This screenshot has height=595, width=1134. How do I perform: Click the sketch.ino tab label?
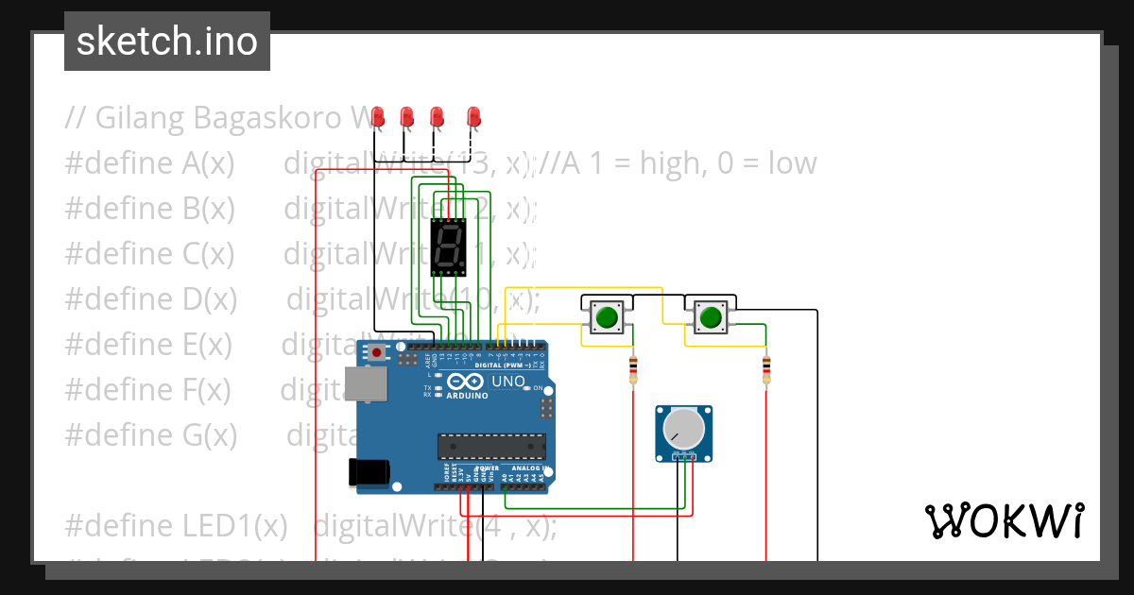click(166, 42)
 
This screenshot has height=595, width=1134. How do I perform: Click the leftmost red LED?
click(378, 117)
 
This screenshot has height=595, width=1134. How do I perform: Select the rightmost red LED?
click(473, 117)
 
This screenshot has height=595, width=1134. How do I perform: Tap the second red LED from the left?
click(407, 117)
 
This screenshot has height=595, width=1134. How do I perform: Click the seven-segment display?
click(448, 247)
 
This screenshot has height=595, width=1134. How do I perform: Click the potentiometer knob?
click(683, 430)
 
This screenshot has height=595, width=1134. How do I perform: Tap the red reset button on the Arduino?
click(377, 352)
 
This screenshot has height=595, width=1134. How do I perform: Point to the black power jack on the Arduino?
click(368, 471)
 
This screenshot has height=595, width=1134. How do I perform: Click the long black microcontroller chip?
click(490, 445)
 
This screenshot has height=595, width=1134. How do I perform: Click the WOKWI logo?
click(1004, 520)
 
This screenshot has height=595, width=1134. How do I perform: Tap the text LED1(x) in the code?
click(248, 525)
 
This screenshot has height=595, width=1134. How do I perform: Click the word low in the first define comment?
click(792, 163)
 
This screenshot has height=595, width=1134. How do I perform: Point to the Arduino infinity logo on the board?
click(469, 382)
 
